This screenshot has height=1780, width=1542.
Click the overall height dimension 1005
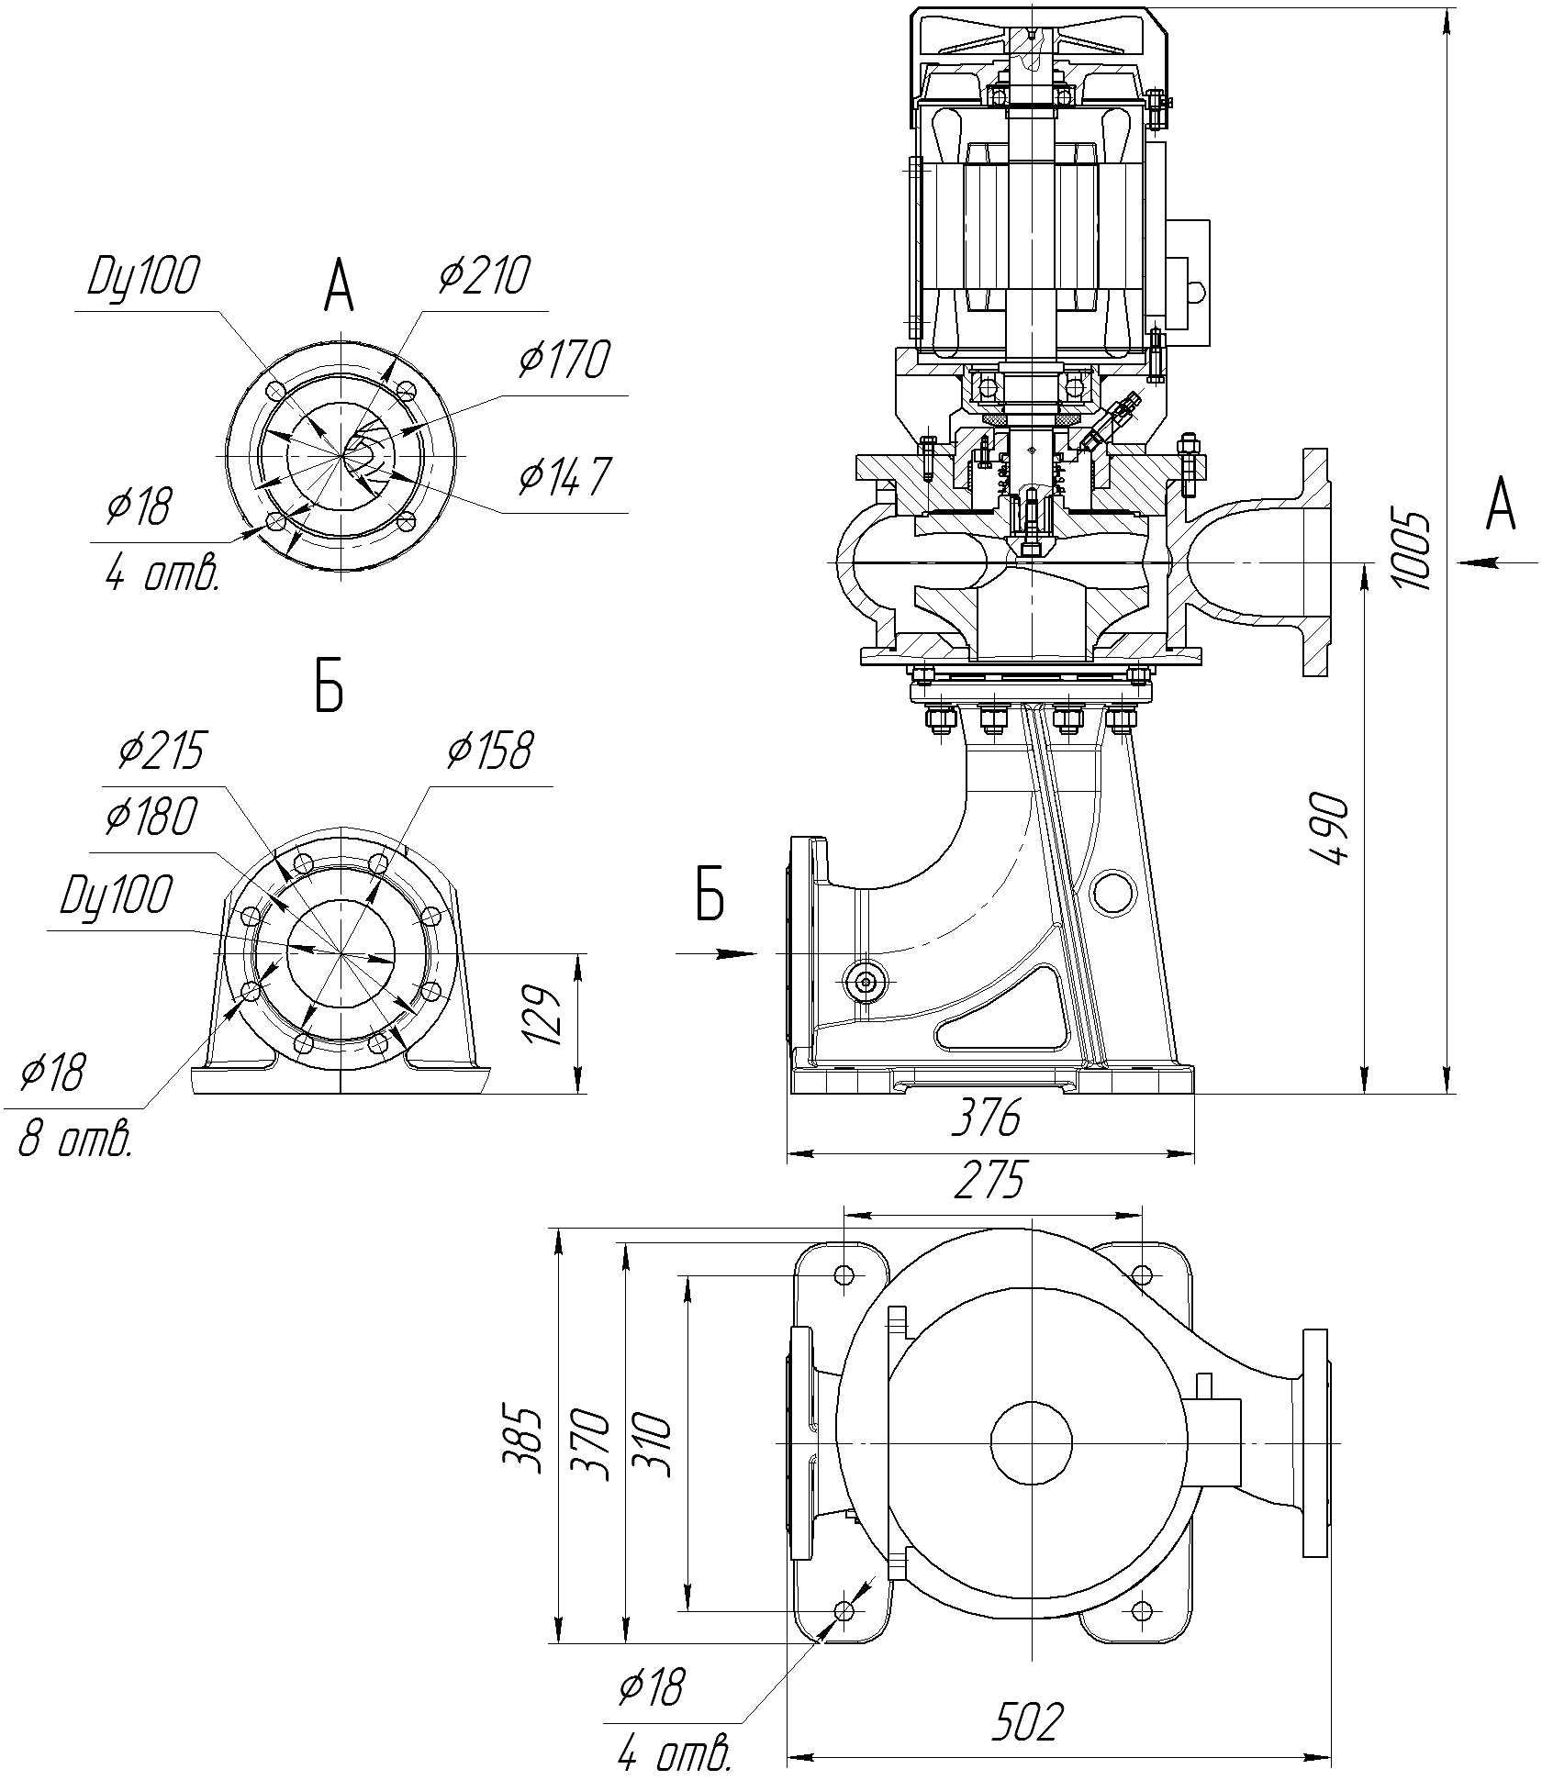point(1412,550)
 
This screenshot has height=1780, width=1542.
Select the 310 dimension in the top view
point(654,1443)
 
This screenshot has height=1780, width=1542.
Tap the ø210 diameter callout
point(484,275)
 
